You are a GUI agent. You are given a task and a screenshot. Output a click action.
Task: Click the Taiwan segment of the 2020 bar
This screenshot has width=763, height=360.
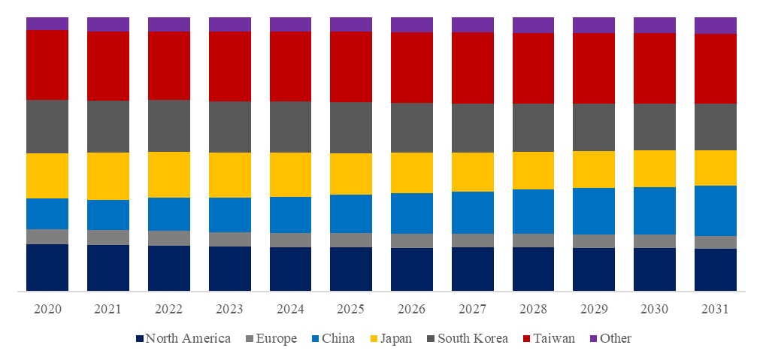[x=47, y=65]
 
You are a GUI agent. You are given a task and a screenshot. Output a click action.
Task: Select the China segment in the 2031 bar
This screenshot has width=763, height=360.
[x=716, y=210]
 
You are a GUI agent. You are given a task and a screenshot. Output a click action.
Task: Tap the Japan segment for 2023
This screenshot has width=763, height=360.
[x=230, y=175]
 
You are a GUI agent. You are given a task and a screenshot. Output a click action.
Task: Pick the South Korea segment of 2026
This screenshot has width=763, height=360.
[x=412, y=128]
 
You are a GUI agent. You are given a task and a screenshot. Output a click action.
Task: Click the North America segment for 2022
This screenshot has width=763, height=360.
[x=169, y=268]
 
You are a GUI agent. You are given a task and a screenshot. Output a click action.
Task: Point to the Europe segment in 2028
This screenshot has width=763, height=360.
[x=534, y=241]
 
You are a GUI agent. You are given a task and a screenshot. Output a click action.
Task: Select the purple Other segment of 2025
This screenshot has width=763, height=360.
[x=351, y=24]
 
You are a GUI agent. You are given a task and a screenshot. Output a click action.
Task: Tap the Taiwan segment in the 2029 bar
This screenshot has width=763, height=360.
[x=594, y=68]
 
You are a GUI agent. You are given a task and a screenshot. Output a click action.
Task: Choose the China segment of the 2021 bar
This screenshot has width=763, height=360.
[x=108, y=215]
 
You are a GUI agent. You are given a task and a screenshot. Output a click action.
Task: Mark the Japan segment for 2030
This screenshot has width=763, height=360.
[x=655, y=168]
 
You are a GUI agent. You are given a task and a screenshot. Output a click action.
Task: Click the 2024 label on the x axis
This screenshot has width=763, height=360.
[x=290, y=310]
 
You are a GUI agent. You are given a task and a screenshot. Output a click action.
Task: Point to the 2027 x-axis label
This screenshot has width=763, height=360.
[x=473, y=310]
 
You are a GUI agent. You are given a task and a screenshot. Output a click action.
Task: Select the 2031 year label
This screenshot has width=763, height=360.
[x=716, y=310]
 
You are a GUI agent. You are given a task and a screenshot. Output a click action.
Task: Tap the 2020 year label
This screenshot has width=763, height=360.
[x=47, y=310]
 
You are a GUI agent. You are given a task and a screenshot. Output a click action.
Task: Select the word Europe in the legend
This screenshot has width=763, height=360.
[x=276, y=338]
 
